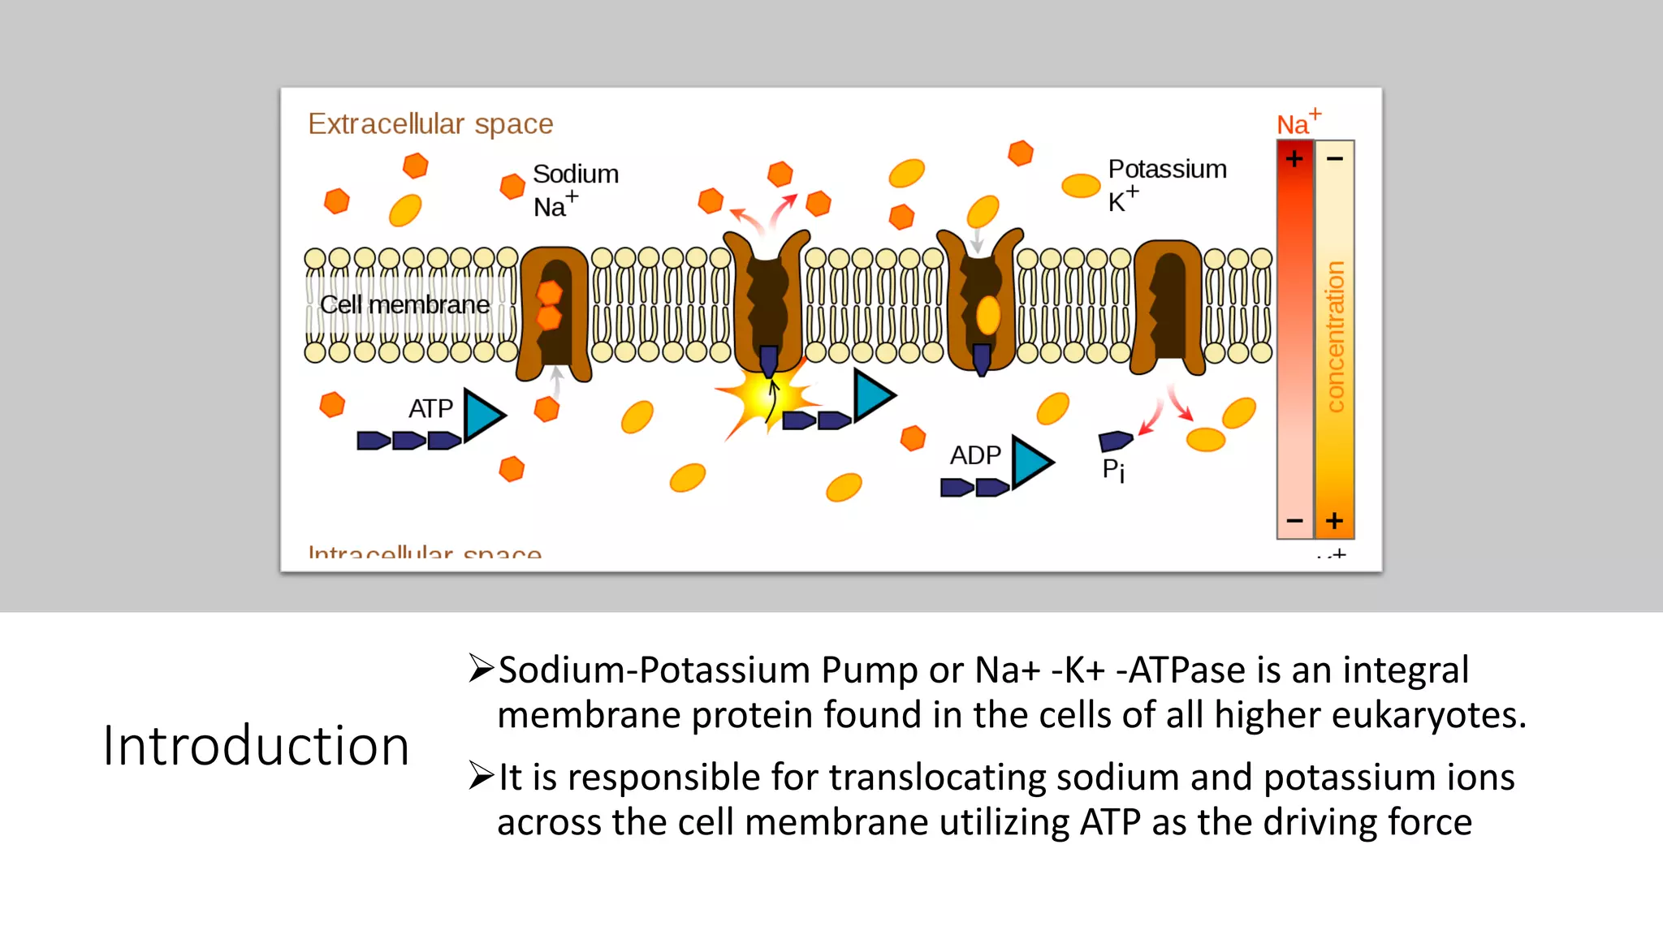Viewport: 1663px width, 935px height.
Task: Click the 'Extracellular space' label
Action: (430, 124)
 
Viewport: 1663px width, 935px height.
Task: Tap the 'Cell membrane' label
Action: (404, 305)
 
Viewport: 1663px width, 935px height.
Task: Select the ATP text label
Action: (430, 408)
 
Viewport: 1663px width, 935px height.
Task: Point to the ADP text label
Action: (975, 455)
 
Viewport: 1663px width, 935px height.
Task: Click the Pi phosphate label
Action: (1113, 470)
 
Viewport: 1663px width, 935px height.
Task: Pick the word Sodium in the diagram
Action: (575, 175)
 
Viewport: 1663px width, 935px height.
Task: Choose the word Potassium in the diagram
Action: (1167, 170)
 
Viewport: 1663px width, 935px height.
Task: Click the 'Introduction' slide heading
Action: (256, 746)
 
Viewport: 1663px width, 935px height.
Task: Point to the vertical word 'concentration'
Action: (1334, 336)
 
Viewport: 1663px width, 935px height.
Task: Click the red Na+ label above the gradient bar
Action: (1298, 123)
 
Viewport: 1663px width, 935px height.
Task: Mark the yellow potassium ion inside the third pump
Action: (987, 315)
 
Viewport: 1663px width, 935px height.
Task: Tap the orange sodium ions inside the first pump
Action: (550, 304)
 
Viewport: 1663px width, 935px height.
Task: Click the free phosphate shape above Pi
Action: (1115, 441)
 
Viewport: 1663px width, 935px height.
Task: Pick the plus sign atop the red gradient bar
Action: (1294, 158)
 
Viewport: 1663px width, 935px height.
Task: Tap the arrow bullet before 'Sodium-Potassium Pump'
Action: (481, 669)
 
